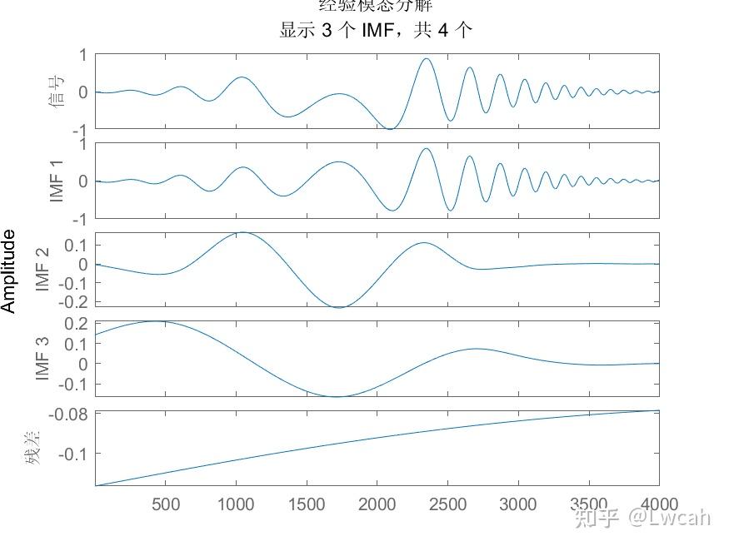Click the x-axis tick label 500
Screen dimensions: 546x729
(166, 504)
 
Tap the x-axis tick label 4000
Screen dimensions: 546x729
(657, 504)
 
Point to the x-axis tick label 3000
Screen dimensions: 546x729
(518, 504)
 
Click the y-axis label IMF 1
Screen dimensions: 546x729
(57, 181)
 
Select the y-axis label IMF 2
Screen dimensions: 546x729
(43, 269)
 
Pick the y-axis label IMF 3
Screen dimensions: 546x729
(43, 358)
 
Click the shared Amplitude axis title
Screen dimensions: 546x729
(9, 271)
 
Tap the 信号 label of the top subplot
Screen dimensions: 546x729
(57, 92)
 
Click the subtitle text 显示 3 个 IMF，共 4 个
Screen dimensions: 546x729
(376, 31)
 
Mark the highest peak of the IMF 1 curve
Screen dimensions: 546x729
(426, 149)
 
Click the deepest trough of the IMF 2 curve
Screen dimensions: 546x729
(339, 307)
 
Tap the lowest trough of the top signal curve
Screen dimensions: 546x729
(389, 128)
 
